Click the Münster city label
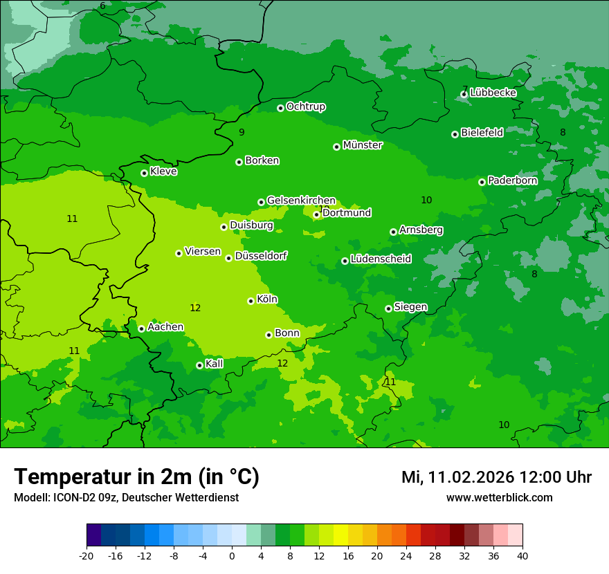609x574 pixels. tap(363, 145)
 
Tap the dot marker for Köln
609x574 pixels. tap(251, 301)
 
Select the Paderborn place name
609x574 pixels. tap(512, 180)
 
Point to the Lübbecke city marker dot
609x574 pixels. tap(464, 94)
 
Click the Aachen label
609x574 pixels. tap(165, 327)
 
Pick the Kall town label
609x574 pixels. tap(215, 364)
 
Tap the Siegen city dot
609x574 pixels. tap(388, 308)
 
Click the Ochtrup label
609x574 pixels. tap(305, 107)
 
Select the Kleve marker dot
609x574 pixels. tap(144, 173)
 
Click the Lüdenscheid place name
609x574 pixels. tap(381, 259)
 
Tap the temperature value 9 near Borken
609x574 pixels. tap(242, 132)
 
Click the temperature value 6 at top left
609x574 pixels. tap(102, 6)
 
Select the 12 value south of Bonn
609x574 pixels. tap(282, 363)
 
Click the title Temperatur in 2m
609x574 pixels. tap(136, 476)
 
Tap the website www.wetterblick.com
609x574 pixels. tap(499, 497)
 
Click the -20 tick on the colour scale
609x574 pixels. tap(87, 556)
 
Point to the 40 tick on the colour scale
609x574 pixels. tap(522, 556)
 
